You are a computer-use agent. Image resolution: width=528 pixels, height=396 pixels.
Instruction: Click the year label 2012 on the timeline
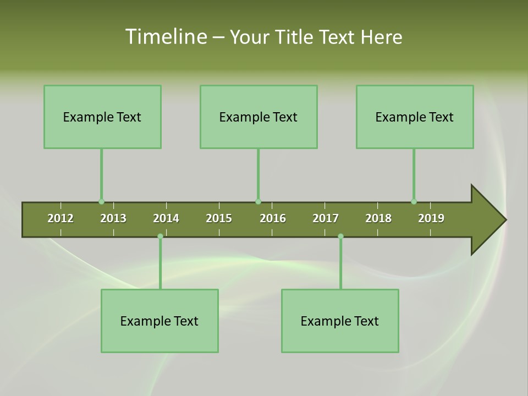[x=61, y=218]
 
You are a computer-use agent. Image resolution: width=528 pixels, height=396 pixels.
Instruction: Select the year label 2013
[x=113, y=218]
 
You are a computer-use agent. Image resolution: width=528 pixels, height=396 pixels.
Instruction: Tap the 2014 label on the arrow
[x=166, y=218]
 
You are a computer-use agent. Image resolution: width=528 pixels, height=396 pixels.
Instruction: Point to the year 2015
[x=219, y=218]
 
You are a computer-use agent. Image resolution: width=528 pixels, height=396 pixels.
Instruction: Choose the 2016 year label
[x=273, y=218]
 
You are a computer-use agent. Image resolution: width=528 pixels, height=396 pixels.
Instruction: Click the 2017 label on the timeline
[x=326, y=218]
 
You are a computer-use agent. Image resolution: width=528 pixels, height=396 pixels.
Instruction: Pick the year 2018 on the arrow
[x=378, y=218]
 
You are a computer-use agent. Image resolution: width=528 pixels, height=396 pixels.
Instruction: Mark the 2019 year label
[x=431, y=218]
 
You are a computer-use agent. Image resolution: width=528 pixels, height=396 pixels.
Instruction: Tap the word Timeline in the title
[x=166, y=37]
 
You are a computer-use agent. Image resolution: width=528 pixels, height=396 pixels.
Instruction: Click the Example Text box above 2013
[x=102, y=117]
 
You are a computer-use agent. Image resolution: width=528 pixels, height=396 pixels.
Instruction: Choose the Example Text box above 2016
[x=258, y=117]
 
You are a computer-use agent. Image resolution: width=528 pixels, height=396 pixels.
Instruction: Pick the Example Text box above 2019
[x=415, y=117]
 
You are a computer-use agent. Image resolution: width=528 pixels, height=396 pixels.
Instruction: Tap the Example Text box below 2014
[x=159, y=321]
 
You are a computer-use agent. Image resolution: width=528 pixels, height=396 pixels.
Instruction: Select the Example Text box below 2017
[x=340, y=321]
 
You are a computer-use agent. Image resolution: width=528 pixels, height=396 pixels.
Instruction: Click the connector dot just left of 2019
[x=414, y=202]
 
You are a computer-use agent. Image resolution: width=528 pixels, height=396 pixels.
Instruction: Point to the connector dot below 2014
[x=160, y=236]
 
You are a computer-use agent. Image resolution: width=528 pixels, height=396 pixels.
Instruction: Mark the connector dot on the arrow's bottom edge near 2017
[x=340, y=236]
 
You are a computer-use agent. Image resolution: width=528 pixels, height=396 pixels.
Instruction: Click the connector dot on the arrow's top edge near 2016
[x=258, y=202]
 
